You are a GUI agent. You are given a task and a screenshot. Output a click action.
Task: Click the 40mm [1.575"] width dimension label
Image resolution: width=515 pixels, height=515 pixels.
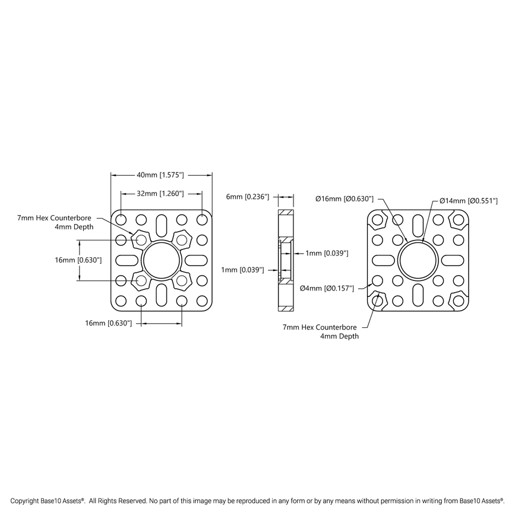point(161,175)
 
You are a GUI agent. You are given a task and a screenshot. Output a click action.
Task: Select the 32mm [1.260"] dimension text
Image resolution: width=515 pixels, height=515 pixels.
point(161,193)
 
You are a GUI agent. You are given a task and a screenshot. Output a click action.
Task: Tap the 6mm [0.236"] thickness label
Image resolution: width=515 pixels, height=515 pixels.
point(248,196)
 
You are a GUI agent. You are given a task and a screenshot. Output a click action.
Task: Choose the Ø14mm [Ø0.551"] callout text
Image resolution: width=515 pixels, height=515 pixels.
point(468,201)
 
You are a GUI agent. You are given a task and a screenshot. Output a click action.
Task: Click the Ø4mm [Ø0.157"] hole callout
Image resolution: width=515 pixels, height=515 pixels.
point(327,288)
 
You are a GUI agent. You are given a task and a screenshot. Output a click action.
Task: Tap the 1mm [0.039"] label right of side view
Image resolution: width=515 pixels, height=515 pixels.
point(327,254)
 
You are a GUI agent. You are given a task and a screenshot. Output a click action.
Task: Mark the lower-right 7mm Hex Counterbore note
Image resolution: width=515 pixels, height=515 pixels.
point(321,331)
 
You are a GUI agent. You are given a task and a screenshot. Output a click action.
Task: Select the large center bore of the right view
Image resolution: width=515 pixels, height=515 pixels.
point(419,260)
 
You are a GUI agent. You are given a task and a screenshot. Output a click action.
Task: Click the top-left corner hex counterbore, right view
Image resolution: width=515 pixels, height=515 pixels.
point(378,220)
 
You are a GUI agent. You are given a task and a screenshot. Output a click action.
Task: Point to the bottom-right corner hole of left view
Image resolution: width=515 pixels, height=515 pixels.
point(202,301)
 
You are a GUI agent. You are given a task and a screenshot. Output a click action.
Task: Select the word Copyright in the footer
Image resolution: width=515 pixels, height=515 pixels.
point(26,501)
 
